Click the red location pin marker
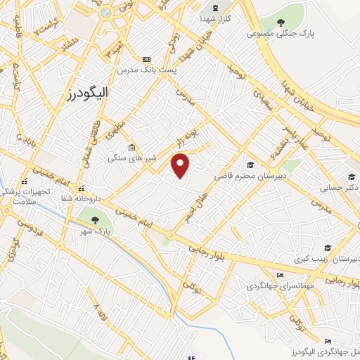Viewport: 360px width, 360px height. (x=181, y=166)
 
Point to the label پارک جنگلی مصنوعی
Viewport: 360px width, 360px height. (x=281, y=33)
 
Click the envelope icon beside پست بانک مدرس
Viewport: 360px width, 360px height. (x=146, y=60)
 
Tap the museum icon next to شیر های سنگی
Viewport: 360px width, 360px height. (x=131, y=147)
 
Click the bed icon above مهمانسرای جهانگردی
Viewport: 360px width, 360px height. (x=281, y=275)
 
